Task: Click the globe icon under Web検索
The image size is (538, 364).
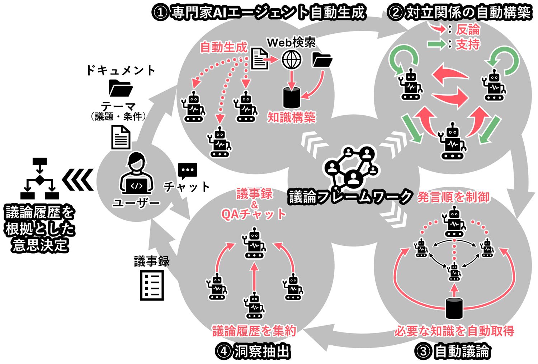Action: coord(291,60)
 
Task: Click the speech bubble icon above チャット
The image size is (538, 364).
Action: coord(188,171)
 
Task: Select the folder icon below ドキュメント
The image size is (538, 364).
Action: coord(120,88)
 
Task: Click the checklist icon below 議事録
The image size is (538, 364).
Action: coord(152,285)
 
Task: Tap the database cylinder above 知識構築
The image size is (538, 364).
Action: coord(291,97)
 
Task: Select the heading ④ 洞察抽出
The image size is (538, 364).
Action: coord(253,351)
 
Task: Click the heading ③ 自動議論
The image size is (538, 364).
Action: coord(453,351)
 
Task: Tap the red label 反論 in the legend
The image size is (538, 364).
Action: coord(468,30)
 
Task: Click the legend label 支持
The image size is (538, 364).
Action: coord(468,44)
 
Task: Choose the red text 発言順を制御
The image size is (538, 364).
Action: coord(453,197)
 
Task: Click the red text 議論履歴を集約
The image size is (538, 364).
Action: coord(254,331)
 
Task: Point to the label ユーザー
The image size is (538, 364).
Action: coord(136,203)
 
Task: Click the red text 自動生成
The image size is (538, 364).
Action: coord(223,47)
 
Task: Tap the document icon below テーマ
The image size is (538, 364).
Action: coord(121,137)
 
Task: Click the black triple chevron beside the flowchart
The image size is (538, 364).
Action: coord(78,179)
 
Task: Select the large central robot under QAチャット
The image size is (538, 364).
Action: coord(254,245)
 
